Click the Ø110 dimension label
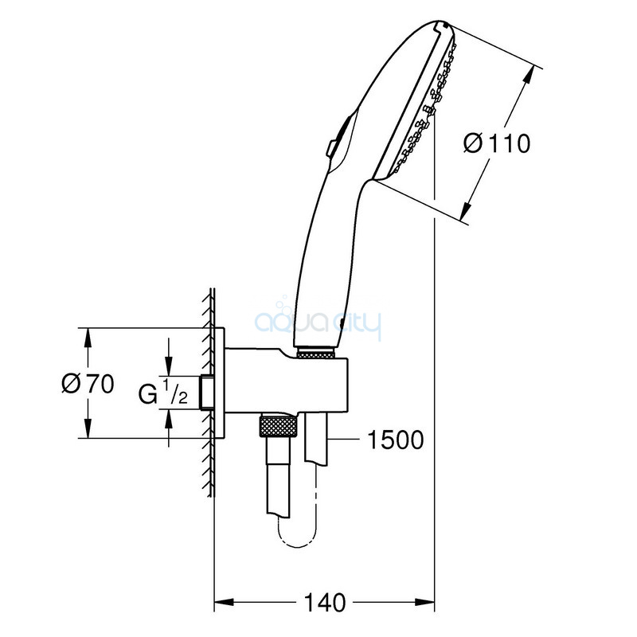coord(497,143)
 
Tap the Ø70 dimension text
coord(88,383)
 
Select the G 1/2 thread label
coord(163,392)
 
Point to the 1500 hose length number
coord(395,440)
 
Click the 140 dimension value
coord(325,603)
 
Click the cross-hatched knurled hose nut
coord(278,427)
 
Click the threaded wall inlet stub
coord(207,393)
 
